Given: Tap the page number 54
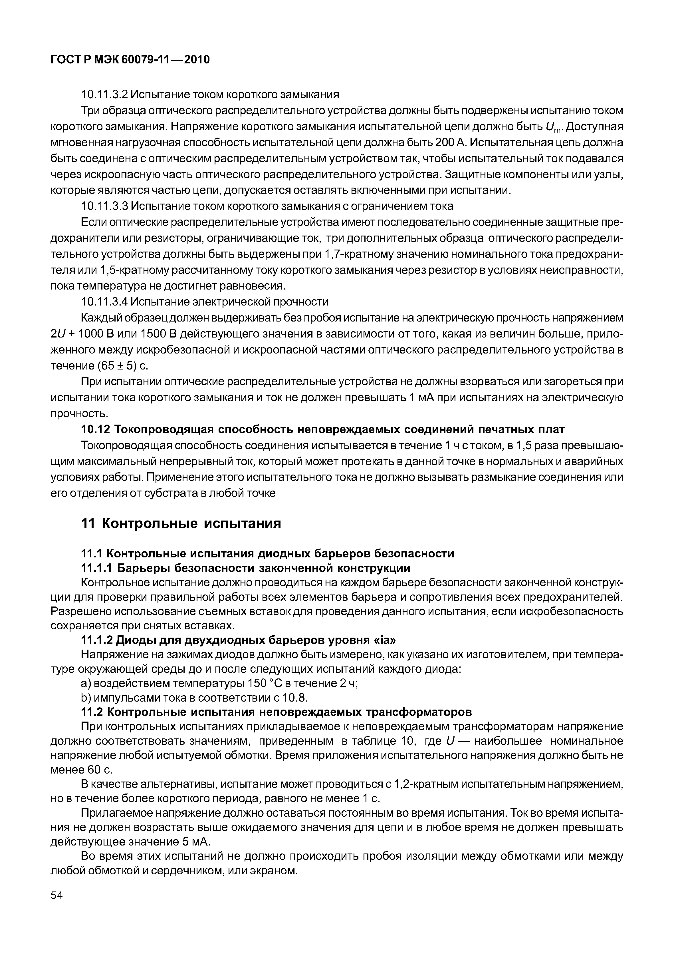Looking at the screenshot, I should (x=56, y=907).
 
